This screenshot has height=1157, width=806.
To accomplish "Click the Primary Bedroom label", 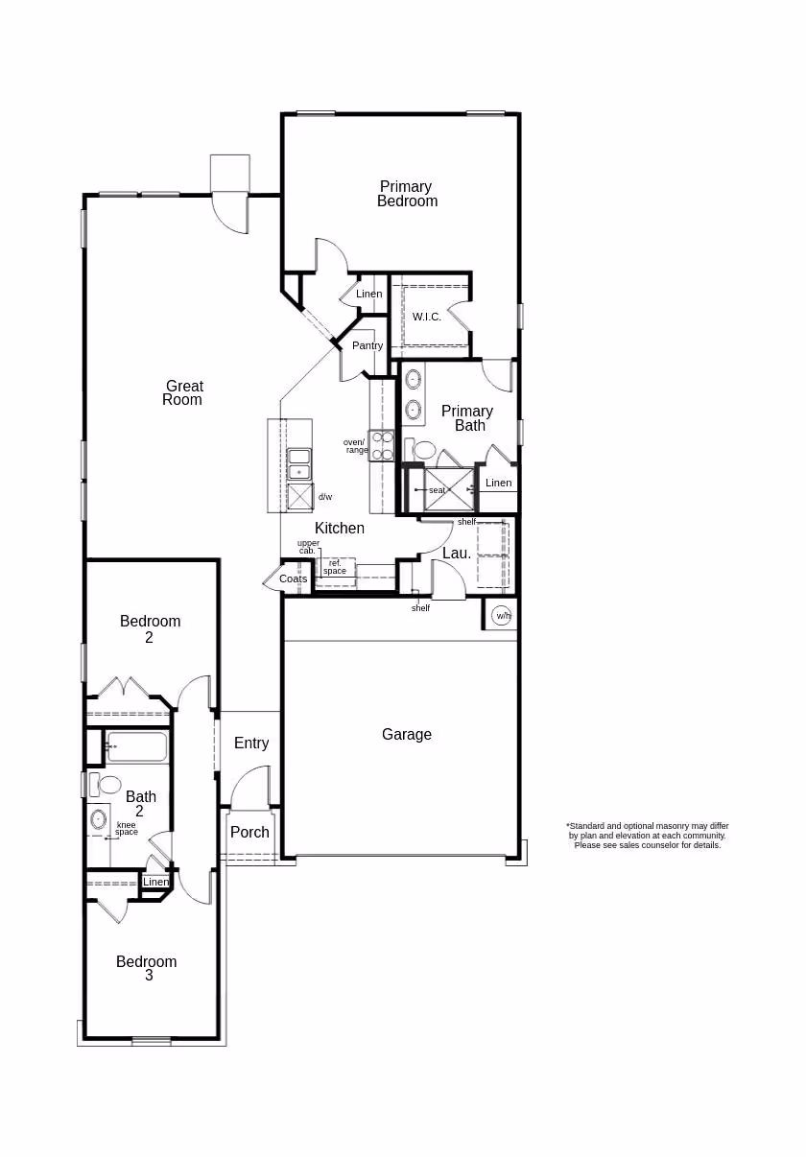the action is pyautogui.click(x=407, y=194).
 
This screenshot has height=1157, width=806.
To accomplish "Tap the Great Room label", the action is pyautogui.click(x=183, y=392).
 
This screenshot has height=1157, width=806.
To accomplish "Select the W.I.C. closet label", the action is pyautogui.click(x=427, y=317).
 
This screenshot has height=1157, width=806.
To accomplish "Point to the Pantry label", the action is pyautogui.click(x=367, y=345).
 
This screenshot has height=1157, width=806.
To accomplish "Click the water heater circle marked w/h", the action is pyautogui.click(x=501, y=616).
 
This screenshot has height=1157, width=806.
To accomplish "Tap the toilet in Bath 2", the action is pyautogui.click(x=105, y=785).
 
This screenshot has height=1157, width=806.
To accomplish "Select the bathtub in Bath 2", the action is pyautogui.click(x=136, y=746).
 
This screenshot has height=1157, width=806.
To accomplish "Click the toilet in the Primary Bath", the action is pyautogui.click(x=420, y=450).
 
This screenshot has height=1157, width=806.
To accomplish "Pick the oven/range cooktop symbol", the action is pyautogui.click(x=381, y=445).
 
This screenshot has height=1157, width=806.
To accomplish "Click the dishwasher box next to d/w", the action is pyautogui.click(x=300, y=497).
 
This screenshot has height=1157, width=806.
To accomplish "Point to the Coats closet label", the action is pyautogui.click(x=293, y=578).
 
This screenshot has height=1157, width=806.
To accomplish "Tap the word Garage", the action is pyautogui.click(x=407, y=734).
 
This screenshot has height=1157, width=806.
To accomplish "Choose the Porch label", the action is pyautogui.click(x=249, y=832).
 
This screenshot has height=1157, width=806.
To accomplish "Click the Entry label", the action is pyautogui.click(x=251, y=743).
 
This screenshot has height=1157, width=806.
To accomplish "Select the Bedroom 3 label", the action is pyautogui.click(x=147, y=968).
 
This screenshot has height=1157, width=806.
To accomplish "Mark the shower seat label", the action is pyautogui.click(x=438, y=490).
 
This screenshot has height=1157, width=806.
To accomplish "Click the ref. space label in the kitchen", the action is pyautogui.click(x=335, y=567).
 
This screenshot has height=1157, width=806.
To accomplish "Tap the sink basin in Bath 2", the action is pyautogui.click(x=98, y=819).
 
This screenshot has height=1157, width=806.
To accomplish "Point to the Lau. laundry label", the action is pyautogui.click(x=457, y=554).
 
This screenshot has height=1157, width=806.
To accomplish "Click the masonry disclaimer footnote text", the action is pyautogui.click(x=648, y=836).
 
